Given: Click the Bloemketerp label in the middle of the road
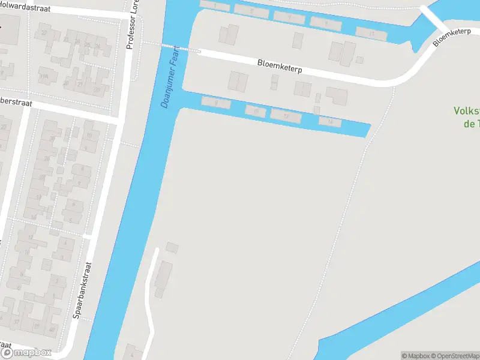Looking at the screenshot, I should point(280,66).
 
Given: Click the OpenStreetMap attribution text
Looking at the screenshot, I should point(454,356).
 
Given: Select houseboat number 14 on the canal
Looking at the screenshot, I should point(329,122).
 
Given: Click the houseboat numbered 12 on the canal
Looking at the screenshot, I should point(286,116).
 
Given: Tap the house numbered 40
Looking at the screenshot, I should point(53,328).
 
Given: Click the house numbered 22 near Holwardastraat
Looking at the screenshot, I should point(44,33).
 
